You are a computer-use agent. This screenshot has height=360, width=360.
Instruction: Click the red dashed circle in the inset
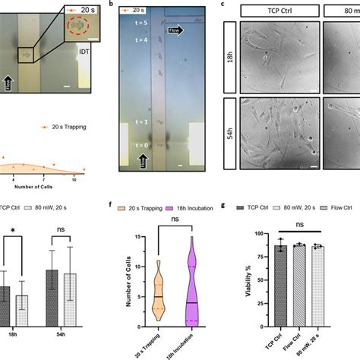click(77, 26)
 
